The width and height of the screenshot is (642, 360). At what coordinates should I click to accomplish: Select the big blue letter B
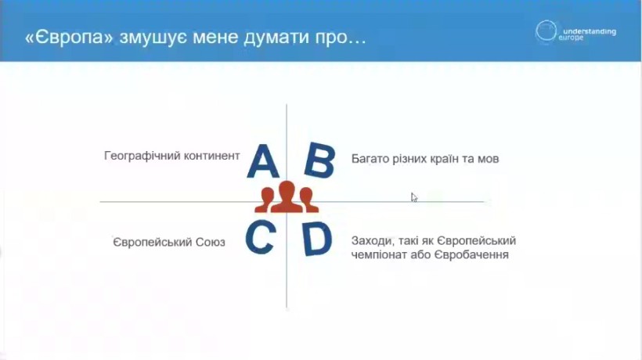click(319, 160)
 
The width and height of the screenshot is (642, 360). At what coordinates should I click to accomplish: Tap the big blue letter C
click(261, 237)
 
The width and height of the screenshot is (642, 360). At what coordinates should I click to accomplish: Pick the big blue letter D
click(317, 239)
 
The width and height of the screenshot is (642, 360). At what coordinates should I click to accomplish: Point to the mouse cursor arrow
click(414, 197)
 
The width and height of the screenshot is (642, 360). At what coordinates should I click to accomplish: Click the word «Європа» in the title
click(69, 38)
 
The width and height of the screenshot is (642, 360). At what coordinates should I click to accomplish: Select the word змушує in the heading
click(153, 38)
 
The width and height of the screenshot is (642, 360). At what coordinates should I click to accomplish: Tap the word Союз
click(210, 242)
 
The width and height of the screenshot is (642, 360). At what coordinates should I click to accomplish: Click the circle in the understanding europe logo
click(546, 31)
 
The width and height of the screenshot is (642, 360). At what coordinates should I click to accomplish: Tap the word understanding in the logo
click(590, 31)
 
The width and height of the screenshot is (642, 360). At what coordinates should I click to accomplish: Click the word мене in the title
click(215, 38)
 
